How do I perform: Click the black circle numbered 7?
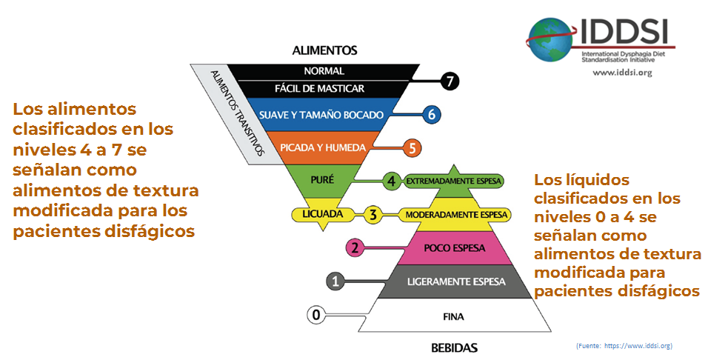(x=450, y=81)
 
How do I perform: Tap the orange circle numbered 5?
(x=412, y=147)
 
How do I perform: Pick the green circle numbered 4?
(x=392, y=180)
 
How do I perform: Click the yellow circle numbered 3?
(x=372, y=215)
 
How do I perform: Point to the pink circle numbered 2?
(x=355, y=247)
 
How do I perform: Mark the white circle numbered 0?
(x=316, y=315)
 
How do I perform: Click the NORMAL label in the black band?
(x=324, y=71)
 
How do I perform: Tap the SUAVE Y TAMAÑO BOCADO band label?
(x=321, y=115)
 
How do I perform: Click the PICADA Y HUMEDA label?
(x=323, y=147)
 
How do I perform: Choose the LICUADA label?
(x=322, y=214)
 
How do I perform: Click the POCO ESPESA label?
(x=453, y=248)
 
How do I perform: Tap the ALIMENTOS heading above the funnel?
(x=324, y=51)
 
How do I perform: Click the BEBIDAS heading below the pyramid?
(x=454, y=347)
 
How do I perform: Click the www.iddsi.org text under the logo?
(x=622, y=72)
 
